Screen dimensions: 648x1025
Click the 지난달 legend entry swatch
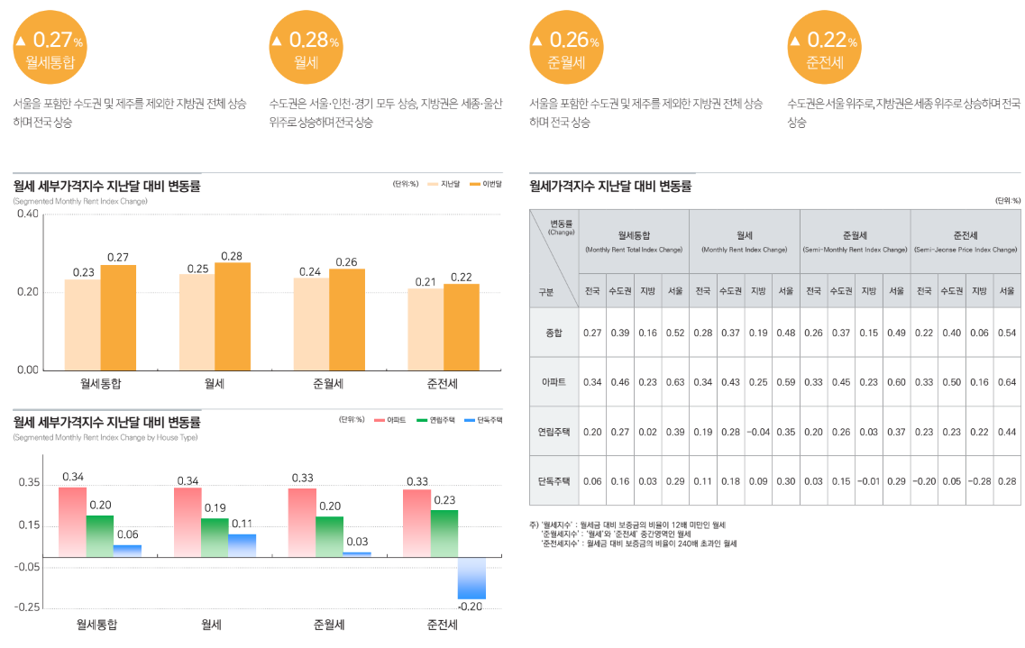pyautogui.click(x=433, y=184)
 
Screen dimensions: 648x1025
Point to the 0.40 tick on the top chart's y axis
pyautogui.click(x=27, y=214)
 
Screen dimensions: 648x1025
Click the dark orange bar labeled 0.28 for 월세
pyautogui.click(x=233, y=315)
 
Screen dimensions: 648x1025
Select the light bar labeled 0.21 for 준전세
pyautogui.click(x=426, y=329)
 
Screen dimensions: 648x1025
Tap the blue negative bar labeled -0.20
pyautogui.click(x=471, y=578)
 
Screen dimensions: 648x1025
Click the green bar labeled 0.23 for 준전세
pyautogui.click(x=444, y=533)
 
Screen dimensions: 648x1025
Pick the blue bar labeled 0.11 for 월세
pyautogui.click(x=242, y=545)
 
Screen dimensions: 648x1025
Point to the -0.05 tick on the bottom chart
pyautogui.click(x=27, y=566)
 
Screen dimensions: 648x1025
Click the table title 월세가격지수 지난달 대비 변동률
pyautogui.click(x=610, y=187)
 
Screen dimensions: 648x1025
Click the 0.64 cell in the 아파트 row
pyautogui.click(x=1007, y=382)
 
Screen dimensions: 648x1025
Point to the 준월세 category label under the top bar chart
pyautogui.click(x=329, y=384)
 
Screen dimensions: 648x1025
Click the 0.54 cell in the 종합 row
pyautogui.click(x=1007, y=333)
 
